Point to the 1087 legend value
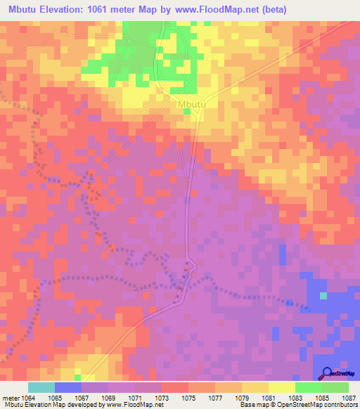[x=349, y=398]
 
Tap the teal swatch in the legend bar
[x=41, y=387]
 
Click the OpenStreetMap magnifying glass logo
[x=328, y=372]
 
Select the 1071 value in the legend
[x=134, y=398]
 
